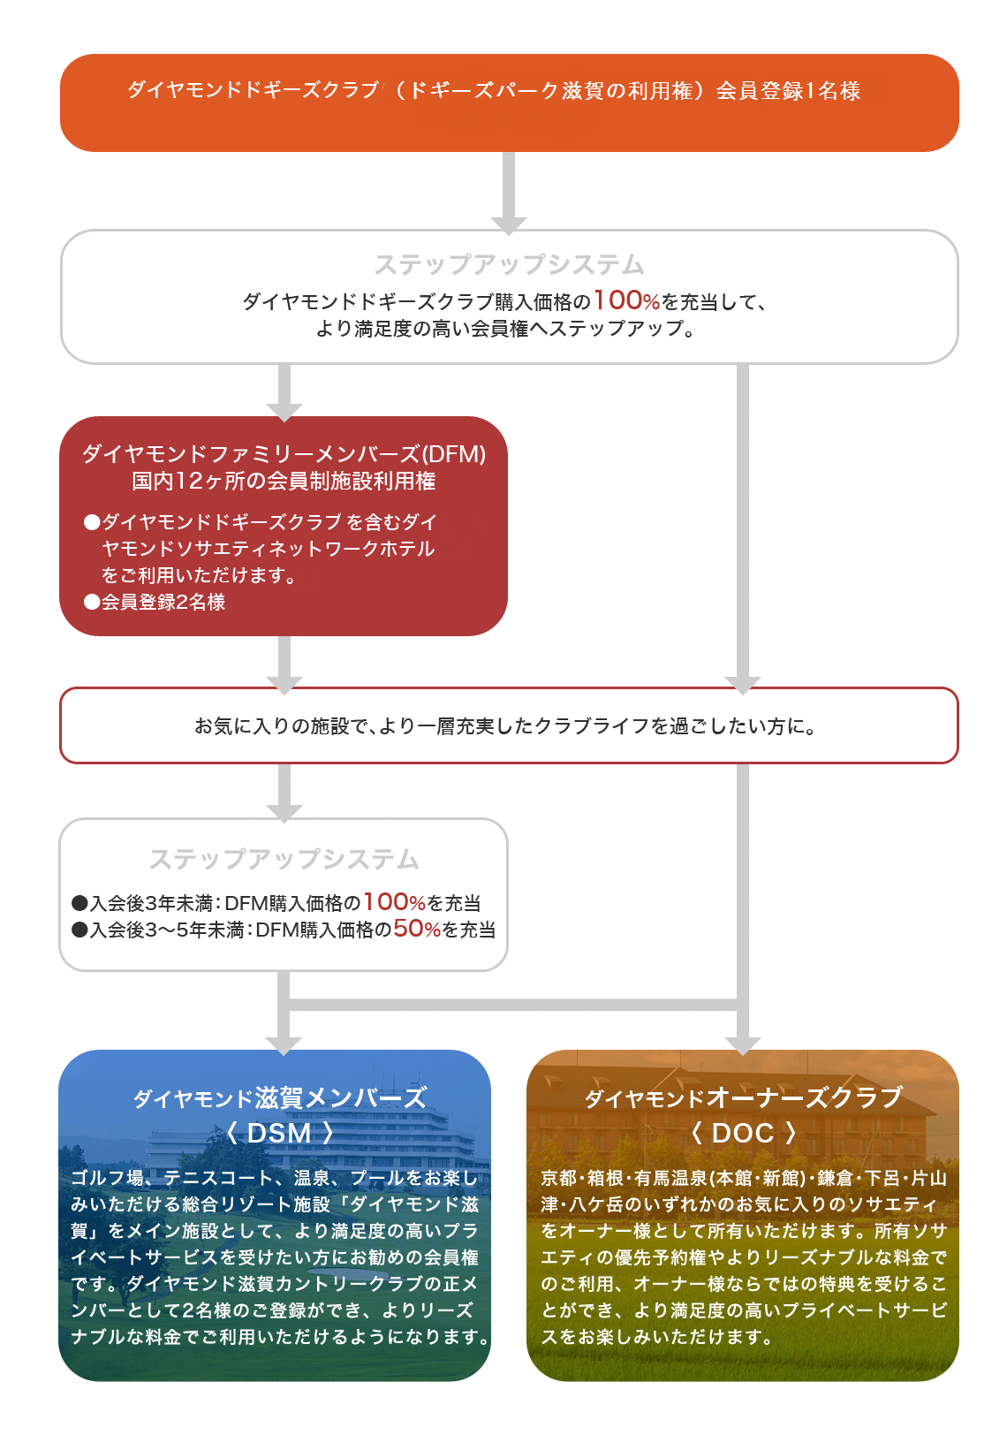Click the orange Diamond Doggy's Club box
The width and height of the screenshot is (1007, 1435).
509,102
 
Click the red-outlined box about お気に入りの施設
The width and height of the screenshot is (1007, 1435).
509,725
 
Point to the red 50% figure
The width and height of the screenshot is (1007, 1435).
416,929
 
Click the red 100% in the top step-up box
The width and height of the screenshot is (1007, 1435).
626,300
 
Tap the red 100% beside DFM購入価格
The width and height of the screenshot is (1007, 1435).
394,902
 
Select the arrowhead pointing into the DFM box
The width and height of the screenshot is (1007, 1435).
284,411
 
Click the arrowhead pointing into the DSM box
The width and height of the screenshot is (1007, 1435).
284,1044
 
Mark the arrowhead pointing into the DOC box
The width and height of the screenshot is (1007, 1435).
742,1044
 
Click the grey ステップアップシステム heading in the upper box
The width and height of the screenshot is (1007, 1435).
509,264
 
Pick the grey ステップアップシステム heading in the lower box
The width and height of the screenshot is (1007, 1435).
284,859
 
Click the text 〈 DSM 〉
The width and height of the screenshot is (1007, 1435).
279,1133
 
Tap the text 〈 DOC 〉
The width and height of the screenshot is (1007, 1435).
742,1133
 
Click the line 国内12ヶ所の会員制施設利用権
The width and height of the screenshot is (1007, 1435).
284,481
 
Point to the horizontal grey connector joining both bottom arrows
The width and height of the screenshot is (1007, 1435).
512,1005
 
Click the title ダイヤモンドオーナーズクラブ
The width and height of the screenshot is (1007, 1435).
742,1097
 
